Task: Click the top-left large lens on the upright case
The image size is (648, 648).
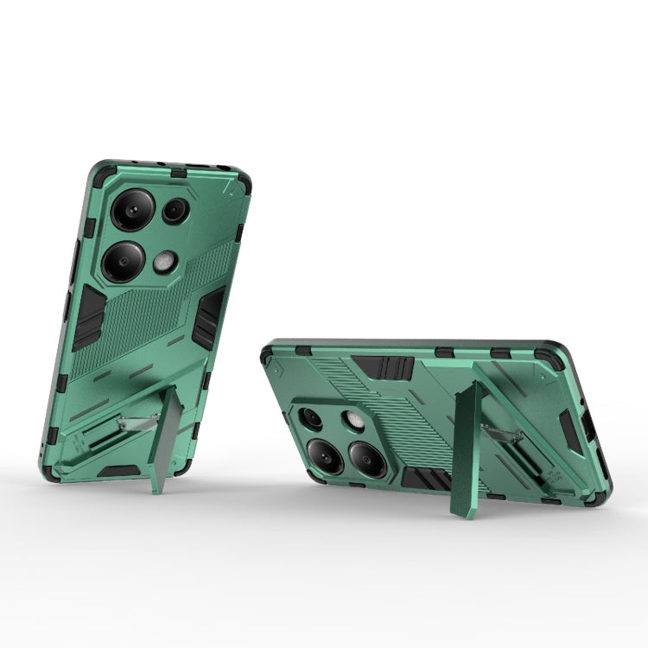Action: click(133, 209)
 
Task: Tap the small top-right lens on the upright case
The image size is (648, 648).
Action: click(175, 210)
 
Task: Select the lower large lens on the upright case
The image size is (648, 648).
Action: click(124, 261)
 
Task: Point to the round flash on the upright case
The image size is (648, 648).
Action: click(165, 262)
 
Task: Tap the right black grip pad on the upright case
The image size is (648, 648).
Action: click(207, 317)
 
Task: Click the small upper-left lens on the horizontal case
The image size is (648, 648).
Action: click(310, 419)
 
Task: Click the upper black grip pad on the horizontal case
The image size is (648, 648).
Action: click(384, 367)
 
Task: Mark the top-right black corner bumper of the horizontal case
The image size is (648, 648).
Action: click(550, 357)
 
